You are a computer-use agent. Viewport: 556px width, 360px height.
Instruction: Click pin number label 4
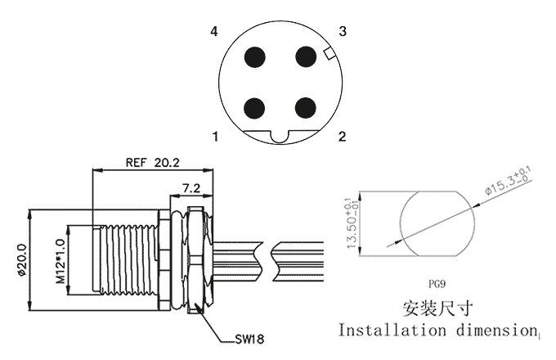(x=214, y=32)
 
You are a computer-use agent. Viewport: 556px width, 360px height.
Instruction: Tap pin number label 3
(x=342, y=31)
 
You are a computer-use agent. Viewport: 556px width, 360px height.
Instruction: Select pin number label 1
(x=215, y=136)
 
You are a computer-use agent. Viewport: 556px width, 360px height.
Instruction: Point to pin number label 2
(x=342, y=136)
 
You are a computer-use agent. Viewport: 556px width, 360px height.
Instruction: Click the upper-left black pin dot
(x=255, y=56)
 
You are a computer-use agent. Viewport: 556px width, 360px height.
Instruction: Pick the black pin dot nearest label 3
(x=306, y=56)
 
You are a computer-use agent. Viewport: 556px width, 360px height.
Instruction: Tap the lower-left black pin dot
(x=254, y=108)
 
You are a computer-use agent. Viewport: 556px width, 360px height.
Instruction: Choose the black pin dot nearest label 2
(x=305, y=107)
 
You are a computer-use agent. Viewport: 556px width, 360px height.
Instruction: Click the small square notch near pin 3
(x=329, y=53)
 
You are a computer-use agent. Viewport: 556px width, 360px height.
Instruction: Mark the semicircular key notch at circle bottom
(x=280, y=137)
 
